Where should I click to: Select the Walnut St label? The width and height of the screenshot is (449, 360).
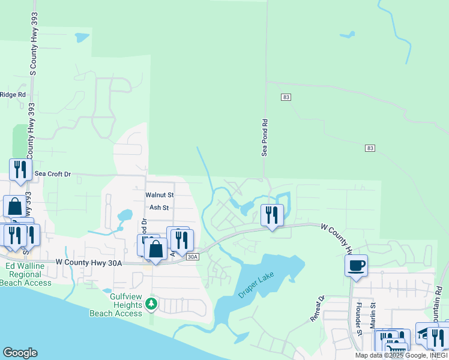point(159,195)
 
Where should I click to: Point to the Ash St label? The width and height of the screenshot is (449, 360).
point(159,208)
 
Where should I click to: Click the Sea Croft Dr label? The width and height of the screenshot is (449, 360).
point(52,174)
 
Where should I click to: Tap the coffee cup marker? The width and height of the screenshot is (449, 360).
point(357,265)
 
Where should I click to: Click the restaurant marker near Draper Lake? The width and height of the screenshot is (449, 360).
point(273,214)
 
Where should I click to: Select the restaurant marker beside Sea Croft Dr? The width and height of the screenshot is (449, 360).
point(20,169)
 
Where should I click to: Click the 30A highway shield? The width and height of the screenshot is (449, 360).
point(192,257)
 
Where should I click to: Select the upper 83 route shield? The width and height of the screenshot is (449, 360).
point(286,97)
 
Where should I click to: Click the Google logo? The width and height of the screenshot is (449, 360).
point(20,353)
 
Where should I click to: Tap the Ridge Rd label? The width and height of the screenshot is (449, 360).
point(13,94)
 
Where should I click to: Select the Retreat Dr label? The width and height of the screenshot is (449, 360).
point(317,309)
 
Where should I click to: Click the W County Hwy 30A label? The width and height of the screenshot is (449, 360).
point(88,262)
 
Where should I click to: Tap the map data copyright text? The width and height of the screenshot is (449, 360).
point(401,355)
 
